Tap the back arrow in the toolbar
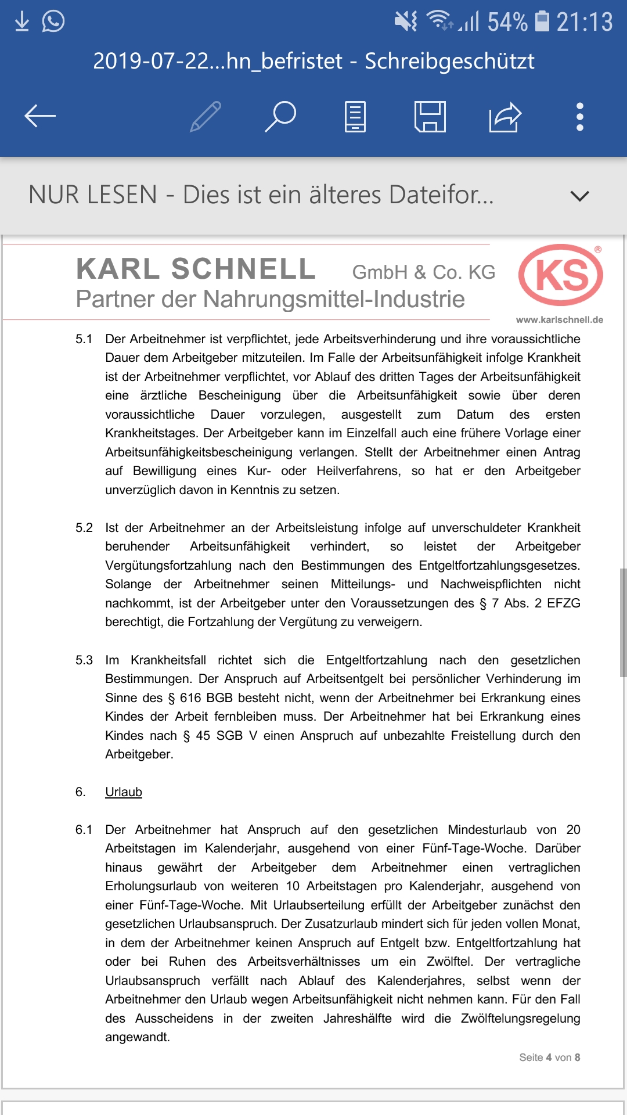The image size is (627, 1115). [x=40, y=116]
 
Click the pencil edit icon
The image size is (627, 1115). [x=206, y=117]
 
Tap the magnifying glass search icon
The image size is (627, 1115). [x=281, y=116]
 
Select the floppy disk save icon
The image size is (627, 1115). [x=430, y=117]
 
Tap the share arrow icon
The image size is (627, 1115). [x=505, y=117]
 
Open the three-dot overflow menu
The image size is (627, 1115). [x=579, y=117]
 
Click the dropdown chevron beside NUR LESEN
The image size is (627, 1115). [x=579, y=196]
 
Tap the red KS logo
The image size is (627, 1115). [x=561, y=275]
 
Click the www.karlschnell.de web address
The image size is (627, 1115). [x=559, y=319]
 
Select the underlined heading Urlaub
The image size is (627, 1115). [x=124, y=792]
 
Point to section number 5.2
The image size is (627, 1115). [x=84, y=527]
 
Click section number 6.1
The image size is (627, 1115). [x=84, y=829]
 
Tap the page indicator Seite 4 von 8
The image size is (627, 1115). [x=549, y=1058]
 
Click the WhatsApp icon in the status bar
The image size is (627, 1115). [x=53, y=21]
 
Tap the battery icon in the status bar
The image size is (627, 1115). [x=542, y=21]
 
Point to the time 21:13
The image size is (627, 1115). [x=584, y=22]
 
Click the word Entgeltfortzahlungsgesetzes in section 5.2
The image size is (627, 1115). [x=499, y=565]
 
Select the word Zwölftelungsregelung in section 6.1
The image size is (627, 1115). [x=520, y=1018]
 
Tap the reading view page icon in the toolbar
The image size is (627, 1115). [x=355, y=117]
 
